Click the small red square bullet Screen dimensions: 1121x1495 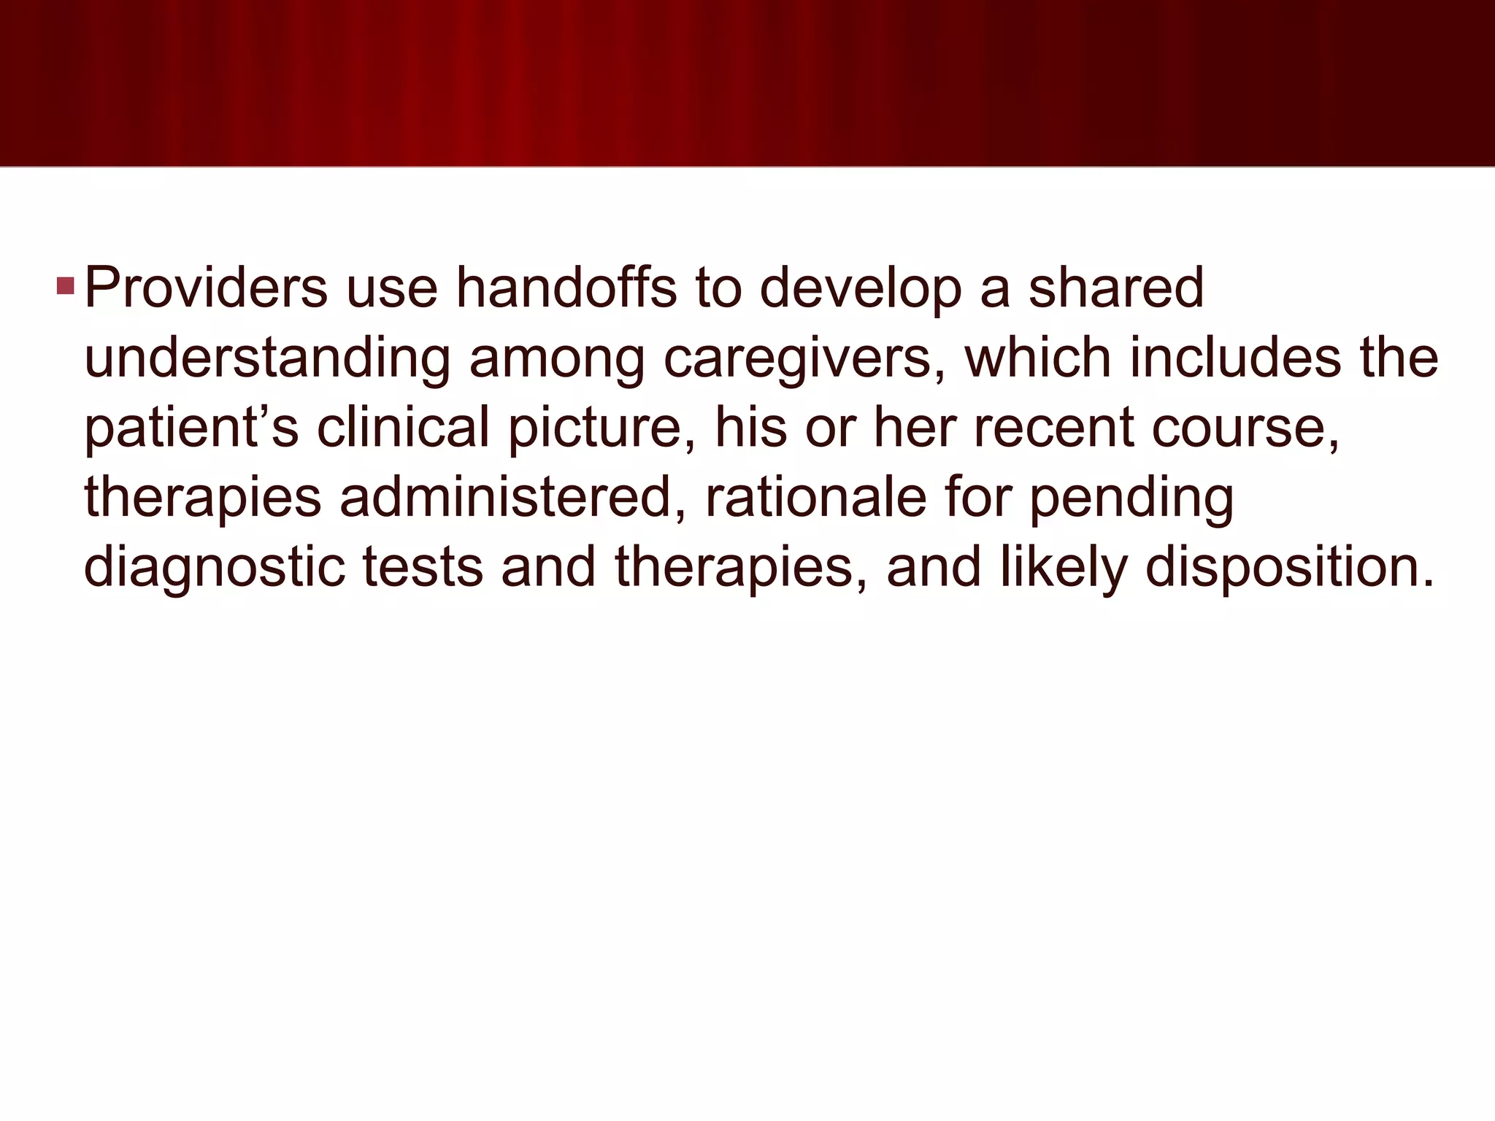(x=65, y=285)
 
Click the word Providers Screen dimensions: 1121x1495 (x=206, y=288)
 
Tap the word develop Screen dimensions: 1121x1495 (x=861, y=288)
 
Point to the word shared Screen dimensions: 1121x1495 (x=1116, y=288)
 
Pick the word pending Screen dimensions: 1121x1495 (x=1131, y=498)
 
